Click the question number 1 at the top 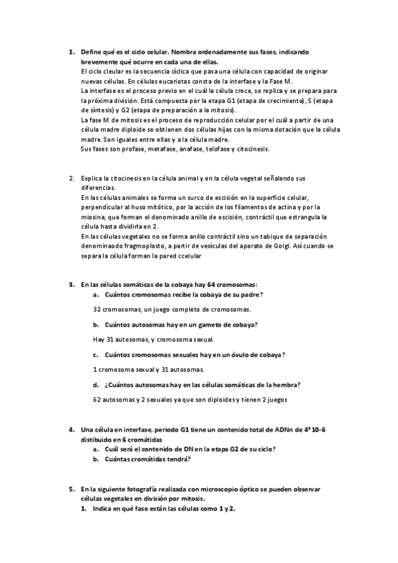point(71,51)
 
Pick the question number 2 point(71,178)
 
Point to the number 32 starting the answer point(97,309)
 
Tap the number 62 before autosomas point(97,400)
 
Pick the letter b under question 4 point(96,458)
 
